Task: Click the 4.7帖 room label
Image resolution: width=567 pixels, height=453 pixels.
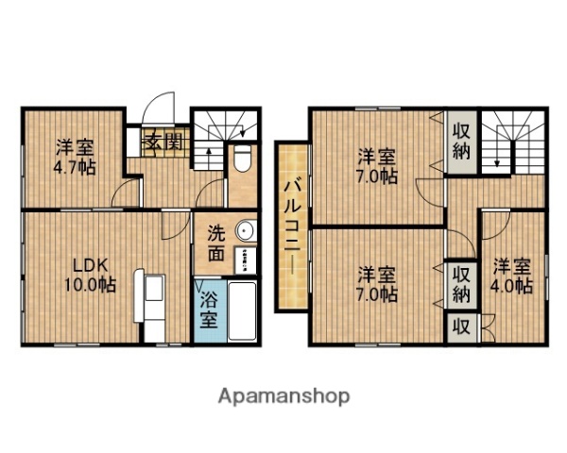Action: pos(75,157)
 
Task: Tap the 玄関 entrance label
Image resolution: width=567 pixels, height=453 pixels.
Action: pos(163,143)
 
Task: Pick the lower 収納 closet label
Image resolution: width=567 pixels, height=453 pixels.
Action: pos(461,284)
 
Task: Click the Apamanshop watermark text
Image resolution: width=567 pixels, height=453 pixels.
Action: pos(284,395)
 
